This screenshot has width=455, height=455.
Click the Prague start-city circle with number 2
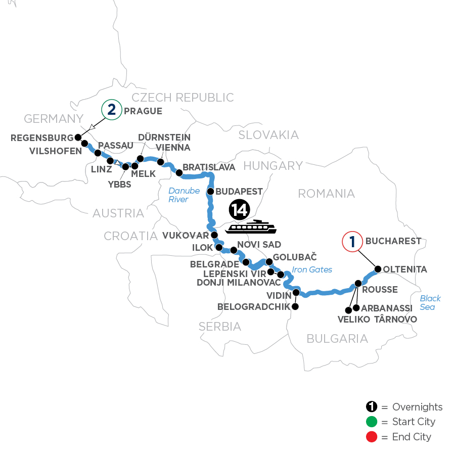point(111,110)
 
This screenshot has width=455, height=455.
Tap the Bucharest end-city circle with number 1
point(353,241)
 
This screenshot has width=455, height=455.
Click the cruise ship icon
point(251,227)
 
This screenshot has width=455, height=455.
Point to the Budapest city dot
point(211,192)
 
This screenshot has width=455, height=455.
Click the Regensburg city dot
point(78,137)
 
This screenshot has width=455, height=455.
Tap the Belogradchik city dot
point(295,306)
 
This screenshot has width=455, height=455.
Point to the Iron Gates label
point(312,269)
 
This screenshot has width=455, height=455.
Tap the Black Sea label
point(430,303)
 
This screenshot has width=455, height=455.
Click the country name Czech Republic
point(183,98)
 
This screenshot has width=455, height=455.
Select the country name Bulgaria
point(337,338)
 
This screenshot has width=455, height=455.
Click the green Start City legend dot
point(372,422)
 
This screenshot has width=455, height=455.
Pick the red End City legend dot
point(372,436)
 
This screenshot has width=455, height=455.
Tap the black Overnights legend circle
point(372,407)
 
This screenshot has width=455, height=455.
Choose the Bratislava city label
point(209,167)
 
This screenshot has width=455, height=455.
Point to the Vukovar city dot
point(214,235)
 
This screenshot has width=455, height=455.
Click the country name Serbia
point(220,327)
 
